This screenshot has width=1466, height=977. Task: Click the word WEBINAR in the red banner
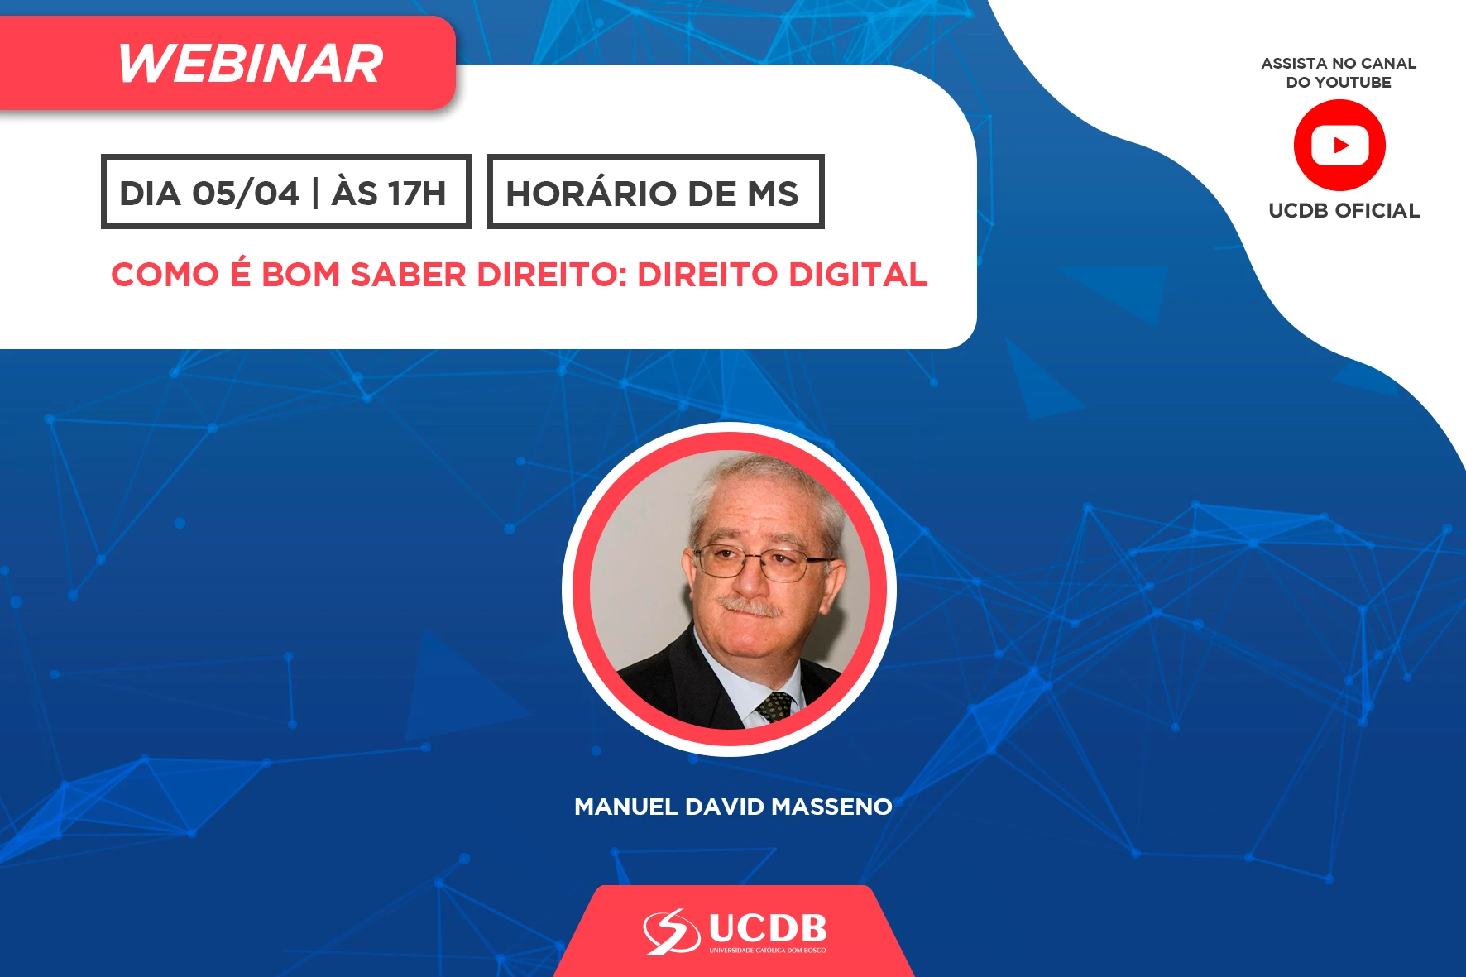click(250, 64)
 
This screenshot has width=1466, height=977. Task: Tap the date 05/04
click(246, 194)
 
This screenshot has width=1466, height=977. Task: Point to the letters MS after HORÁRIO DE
click(774, 194)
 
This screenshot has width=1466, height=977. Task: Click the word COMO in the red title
click(164, 275)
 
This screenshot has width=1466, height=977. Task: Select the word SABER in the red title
click(409, 275)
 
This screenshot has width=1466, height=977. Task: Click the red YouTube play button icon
click(1339, 146)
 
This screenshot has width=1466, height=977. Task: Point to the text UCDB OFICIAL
click(1344, 211)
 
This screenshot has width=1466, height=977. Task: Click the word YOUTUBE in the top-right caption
click(1353, 83)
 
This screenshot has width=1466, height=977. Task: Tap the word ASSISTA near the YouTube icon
click(1294, 64)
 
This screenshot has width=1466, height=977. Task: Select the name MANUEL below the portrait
click(626, 807)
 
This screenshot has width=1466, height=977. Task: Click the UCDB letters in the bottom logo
click(768, 928)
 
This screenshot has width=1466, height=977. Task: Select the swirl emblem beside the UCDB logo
click(672, 932)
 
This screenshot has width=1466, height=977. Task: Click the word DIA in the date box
click(150, 194)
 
